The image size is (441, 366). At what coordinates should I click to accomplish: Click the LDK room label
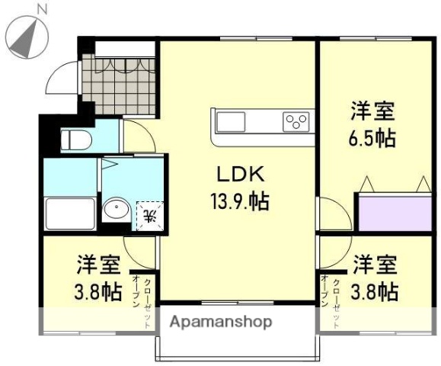pyautogui.click(x=237, y=174)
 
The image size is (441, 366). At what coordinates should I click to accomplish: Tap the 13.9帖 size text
pyautogui.click(x=238, y=201)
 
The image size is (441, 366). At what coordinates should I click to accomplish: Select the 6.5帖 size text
pyautogui.click(x=372, y=139)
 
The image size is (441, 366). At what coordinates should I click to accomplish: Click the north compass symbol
pyautogui.click(x=26, y=35)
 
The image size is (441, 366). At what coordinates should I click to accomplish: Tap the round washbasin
pyautogui.click(x=117, y=210)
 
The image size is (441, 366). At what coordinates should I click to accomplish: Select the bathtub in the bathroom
pyautogui.click(x=70, y=213)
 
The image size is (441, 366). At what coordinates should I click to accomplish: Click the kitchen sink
pyautogui.click(x=231, y=121)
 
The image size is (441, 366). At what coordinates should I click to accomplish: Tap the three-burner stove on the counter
pyautogui.click(x=296, y=121)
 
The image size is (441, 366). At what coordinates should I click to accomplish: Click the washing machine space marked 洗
pyautogui.click(x=149, y=214)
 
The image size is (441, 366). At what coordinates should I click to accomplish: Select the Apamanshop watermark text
pyautogui.click(x=220, y=322)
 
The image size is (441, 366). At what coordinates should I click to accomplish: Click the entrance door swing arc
pyautogui.click(x=59, y=75)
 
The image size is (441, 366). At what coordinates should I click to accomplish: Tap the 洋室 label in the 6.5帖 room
pyautogui.click(x=372, y=111)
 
